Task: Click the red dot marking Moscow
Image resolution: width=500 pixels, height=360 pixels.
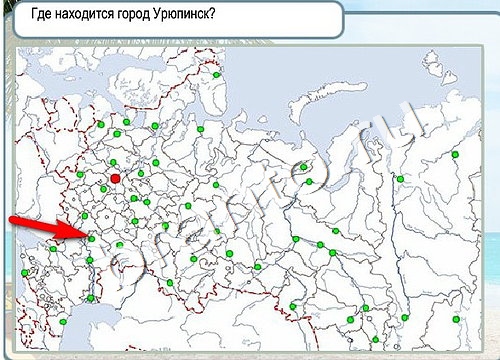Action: tap(115, 178)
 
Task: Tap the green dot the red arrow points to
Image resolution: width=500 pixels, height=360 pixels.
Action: tap(90, 237)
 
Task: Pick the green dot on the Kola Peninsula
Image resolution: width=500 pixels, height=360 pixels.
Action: tap(216, 74)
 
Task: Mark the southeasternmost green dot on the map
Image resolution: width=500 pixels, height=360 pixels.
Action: tap(456, 318)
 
